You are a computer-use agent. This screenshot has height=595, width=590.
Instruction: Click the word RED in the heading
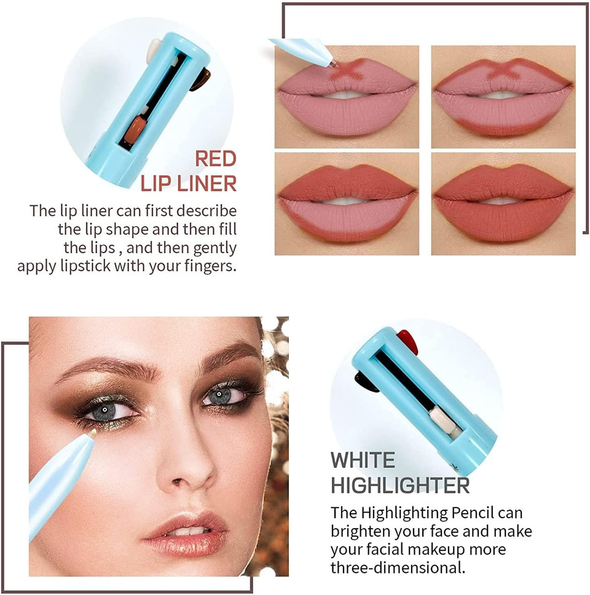point(216,159)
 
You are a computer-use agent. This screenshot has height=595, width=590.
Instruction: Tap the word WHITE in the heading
point(363,460)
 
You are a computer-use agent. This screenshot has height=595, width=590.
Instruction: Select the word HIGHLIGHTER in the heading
point(400,485)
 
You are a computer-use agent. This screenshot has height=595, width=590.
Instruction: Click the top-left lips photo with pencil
point(347,97)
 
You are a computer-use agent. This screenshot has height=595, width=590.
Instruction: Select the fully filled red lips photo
point(503,203)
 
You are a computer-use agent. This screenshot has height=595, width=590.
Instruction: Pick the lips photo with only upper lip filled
point(347,203)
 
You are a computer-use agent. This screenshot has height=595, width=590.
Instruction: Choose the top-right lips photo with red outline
point(503,97)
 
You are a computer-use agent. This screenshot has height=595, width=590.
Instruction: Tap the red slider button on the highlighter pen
point(407,340)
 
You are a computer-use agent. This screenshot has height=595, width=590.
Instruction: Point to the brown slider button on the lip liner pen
point(200,79)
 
